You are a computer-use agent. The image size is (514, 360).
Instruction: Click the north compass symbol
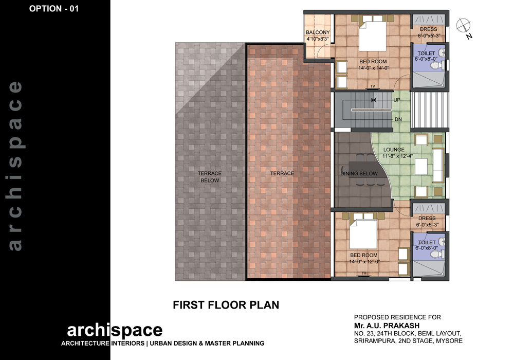(x=463, y=26)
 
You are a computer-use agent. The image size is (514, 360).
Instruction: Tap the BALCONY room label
(x=318, y=32)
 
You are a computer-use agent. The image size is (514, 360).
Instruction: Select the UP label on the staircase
(x=397, y=100)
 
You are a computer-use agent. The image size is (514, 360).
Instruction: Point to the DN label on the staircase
(x=398, y=119)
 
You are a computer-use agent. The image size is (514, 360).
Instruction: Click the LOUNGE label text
(x=394, y=150)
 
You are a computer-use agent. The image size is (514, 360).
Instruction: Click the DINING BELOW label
(x=359, y=173)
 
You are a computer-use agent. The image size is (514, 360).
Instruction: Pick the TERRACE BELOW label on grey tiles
(x=210, y=177)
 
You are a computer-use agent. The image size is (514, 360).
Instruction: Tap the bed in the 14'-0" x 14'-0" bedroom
(x=372, y=34)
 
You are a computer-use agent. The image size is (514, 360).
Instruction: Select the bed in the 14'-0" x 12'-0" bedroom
(x=363, y=233)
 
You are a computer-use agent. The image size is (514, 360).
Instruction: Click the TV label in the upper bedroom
(x=373, y=86)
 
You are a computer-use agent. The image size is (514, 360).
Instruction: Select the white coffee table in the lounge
(x=421, y=166)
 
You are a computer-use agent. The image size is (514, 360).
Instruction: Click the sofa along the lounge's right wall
(x=438, y=165)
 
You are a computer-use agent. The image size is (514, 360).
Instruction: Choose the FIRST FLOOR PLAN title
(x=226, y=305)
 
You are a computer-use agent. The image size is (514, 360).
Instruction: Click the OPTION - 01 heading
(x=54, y=9)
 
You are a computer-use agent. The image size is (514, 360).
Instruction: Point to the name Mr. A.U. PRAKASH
(x=387, y=326)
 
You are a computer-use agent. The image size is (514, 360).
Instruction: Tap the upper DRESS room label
(x=429, y=29)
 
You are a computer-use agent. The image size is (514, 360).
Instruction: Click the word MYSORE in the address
(x=449, y=341)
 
